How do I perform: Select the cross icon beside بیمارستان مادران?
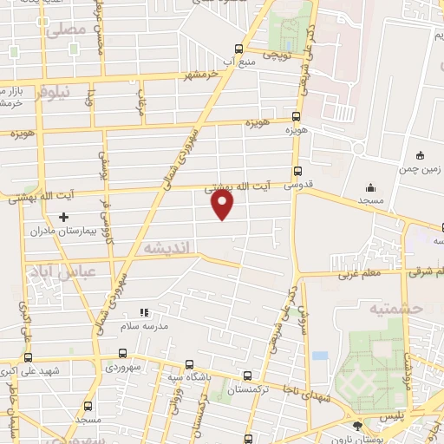62,216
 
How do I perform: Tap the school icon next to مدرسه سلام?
145,312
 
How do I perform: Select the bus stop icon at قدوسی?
297,172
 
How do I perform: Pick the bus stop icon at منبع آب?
238,49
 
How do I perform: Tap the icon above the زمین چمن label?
421,155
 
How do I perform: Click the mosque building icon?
370,187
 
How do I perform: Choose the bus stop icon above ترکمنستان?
248,376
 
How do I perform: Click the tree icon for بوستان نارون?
358,425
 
